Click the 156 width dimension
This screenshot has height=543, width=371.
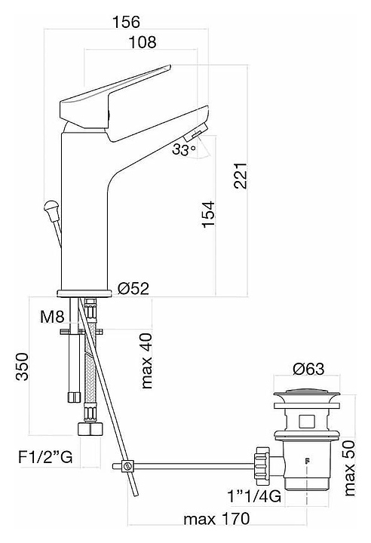127,21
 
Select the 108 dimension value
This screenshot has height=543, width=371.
143,42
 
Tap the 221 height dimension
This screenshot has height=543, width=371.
240,175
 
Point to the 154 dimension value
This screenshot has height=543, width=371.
209,214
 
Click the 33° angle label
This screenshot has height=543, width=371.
184,149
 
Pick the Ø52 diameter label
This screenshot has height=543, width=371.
133,288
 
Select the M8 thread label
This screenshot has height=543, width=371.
52,316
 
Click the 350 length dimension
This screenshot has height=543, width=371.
22,367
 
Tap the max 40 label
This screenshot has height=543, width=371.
147,360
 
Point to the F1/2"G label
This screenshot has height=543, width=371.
45,457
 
